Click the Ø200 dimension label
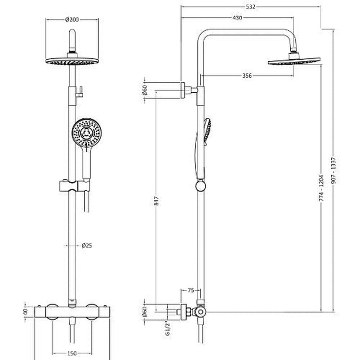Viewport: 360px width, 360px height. click(72, 19)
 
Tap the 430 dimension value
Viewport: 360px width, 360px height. click(238, 18)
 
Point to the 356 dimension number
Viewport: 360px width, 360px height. click(247, 76)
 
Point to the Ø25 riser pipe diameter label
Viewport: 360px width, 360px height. click(86, 245)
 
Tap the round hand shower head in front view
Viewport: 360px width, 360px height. click(87, 132)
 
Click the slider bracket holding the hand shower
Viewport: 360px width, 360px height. click(74, 185)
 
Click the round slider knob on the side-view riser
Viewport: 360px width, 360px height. click(201, 185)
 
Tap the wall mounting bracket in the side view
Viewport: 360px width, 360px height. click(184, 90)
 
